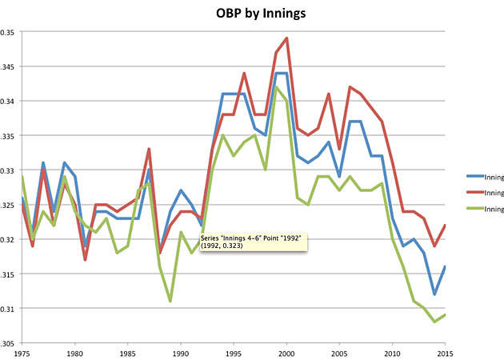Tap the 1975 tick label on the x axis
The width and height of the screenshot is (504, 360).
coord(22,353)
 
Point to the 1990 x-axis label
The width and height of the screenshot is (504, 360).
coord(181,353)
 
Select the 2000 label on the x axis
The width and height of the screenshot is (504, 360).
coord(286,353)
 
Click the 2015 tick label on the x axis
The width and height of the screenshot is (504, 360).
coord(445,353)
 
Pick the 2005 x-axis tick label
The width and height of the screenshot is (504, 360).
coord(339,353)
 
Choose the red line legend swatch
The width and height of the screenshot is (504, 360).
coord(478,192)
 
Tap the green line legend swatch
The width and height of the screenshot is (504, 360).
coord(478,209)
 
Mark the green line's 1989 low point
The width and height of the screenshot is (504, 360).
coord(170,301)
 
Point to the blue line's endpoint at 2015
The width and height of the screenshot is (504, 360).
coord(445,266)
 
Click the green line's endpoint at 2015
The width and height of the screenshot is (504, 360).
coord(445,314)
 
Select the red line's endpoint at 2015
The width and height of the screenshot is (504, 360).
coord(445,226)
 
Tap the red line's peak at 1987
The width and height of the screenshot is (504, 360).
coord(150,149)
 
